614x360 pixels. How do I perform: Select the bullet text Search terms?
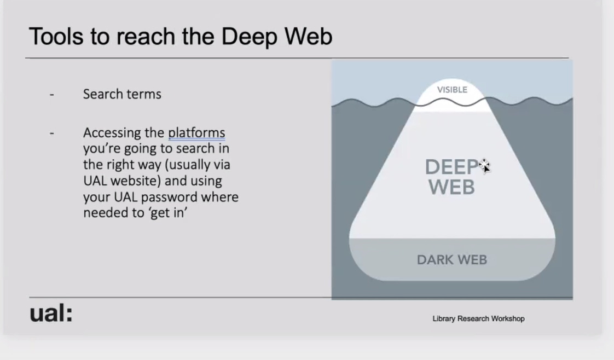(x=122, y=94)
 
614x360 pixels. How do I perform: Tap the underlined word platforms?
(x=196, y=133)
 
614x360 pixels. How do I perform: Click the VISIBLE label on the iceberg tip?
(x=452, y=90)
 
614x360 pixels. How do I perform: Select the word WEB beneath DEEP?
(x=452, y=188)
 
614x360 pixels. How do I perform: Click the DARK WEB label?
(x=452, y=260)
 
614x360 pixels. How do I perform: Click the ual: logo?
(x=51, y=313)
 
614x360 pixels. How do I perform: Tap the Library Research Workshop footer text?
(x=478, y=318)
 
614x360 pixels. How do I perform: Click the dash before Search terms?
(x=52, y=95)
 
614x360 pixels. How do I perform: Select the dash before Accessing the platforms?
(x=52, y=133)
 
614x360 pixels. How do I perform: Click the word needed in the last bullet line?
(x=102, y=212)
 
